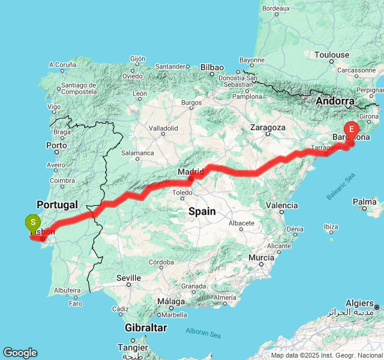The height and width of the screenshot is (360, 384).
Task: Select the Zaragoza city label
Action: tap(268, 128)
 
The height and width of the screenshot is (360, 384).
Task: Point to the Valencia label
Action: tap(281, 205)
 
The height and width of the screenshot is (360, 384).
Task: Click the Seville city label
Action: tap(128, 278)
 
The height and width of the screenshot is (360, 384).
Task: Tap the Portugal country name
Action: tap(57, 205)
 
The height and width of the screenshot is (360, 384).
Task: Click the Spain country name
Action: tap(202, 211)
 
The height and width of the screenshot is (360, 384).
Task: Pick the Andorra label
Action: tap(335, 101)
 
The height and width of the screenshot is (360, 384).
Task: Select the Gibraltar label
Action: tap(146, 328)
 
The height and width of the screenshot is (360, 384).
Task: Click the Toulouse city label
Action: tap(331, 55)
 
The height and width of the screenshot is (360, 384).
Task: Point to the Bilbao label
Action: tap(212, 67)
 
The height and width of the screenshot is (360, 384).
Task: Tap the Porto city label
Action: tap(56, 145)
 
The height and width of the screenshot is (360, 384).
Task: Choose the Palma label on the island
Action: tap(365, 202)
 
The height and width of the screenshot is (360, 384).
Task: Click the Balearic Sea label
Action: tap(341, 187)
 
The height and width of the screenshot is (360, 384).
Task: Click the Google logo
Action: tap(20, 353)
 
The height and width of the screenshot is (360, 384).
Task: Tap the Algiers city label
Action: tap(359, 304)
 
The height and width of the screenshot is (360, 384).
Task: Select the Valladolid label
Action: tap(163, 128)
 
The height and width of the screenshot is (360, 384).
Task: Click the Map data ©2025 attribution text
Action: tap(327, 356)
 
